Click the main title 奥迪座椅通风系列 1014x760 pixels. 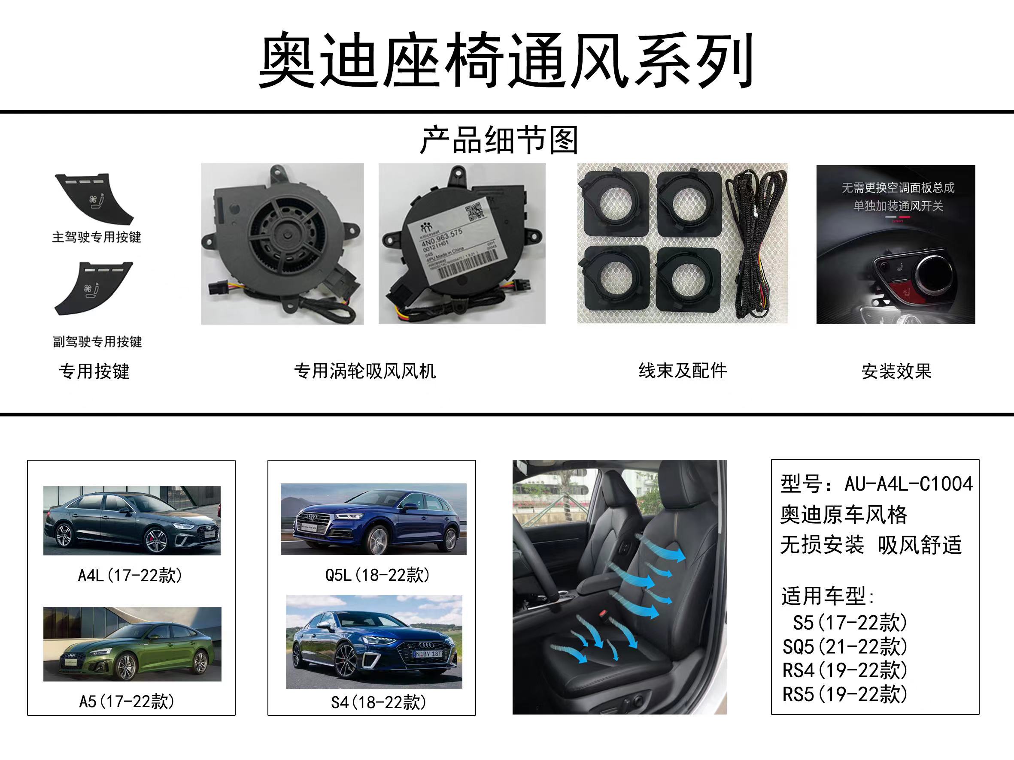tap(506, 60)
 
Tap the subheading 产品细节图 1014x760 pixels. tap(499, 140)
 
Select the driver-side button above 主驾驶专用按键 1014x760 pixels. tap(94, 198)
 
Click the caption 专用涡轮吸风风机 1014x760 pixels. tap(365, 371)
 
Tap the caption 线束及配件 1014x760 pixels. tap(683, 371)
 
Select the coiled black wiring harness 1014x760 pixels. tap(755, 247)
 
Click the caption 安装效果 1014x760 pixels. tap(896, 371)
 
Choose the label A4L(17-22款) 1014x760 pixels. tap(130, 576)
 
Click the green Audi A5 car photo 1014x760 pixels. tap(133, 644)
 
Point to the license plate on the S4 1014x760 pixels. tap(427, 654)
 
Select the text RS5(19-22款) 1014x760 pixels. tap(844, 694)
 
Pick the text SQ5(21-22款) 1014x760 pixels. tap(844, 647)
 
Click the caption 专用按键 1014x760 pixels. tap(94, 371)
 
